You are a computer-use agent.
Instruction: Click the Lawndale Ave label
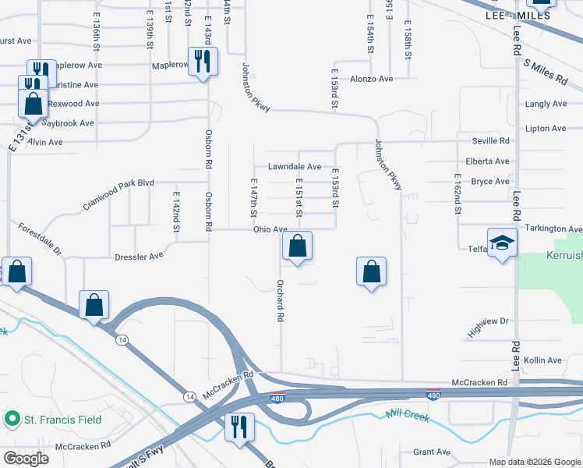click(295, 167)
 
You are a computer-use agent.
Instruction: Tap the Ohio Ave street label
click(270, 229)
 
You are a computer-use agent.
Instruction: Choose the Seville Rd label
click(490, 141)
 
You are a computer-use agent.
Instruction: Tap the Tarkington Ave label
click(553, 229)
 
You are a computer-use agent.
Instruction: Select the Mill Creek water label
click(407, 416)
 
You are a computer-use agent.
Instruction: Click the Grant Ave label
click(432, 452)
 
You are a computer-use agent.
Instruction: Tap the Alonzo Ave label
click(371, 79)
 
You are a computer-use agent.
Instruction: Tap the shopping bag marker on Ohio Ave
click(297, 246)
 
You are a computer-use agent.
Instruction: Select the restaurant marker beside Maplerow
click(203, 62)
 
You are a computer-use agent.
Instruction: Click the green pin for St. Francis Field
click(12, 420)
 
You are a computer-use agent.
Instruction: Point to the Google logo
click(26, 458)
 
